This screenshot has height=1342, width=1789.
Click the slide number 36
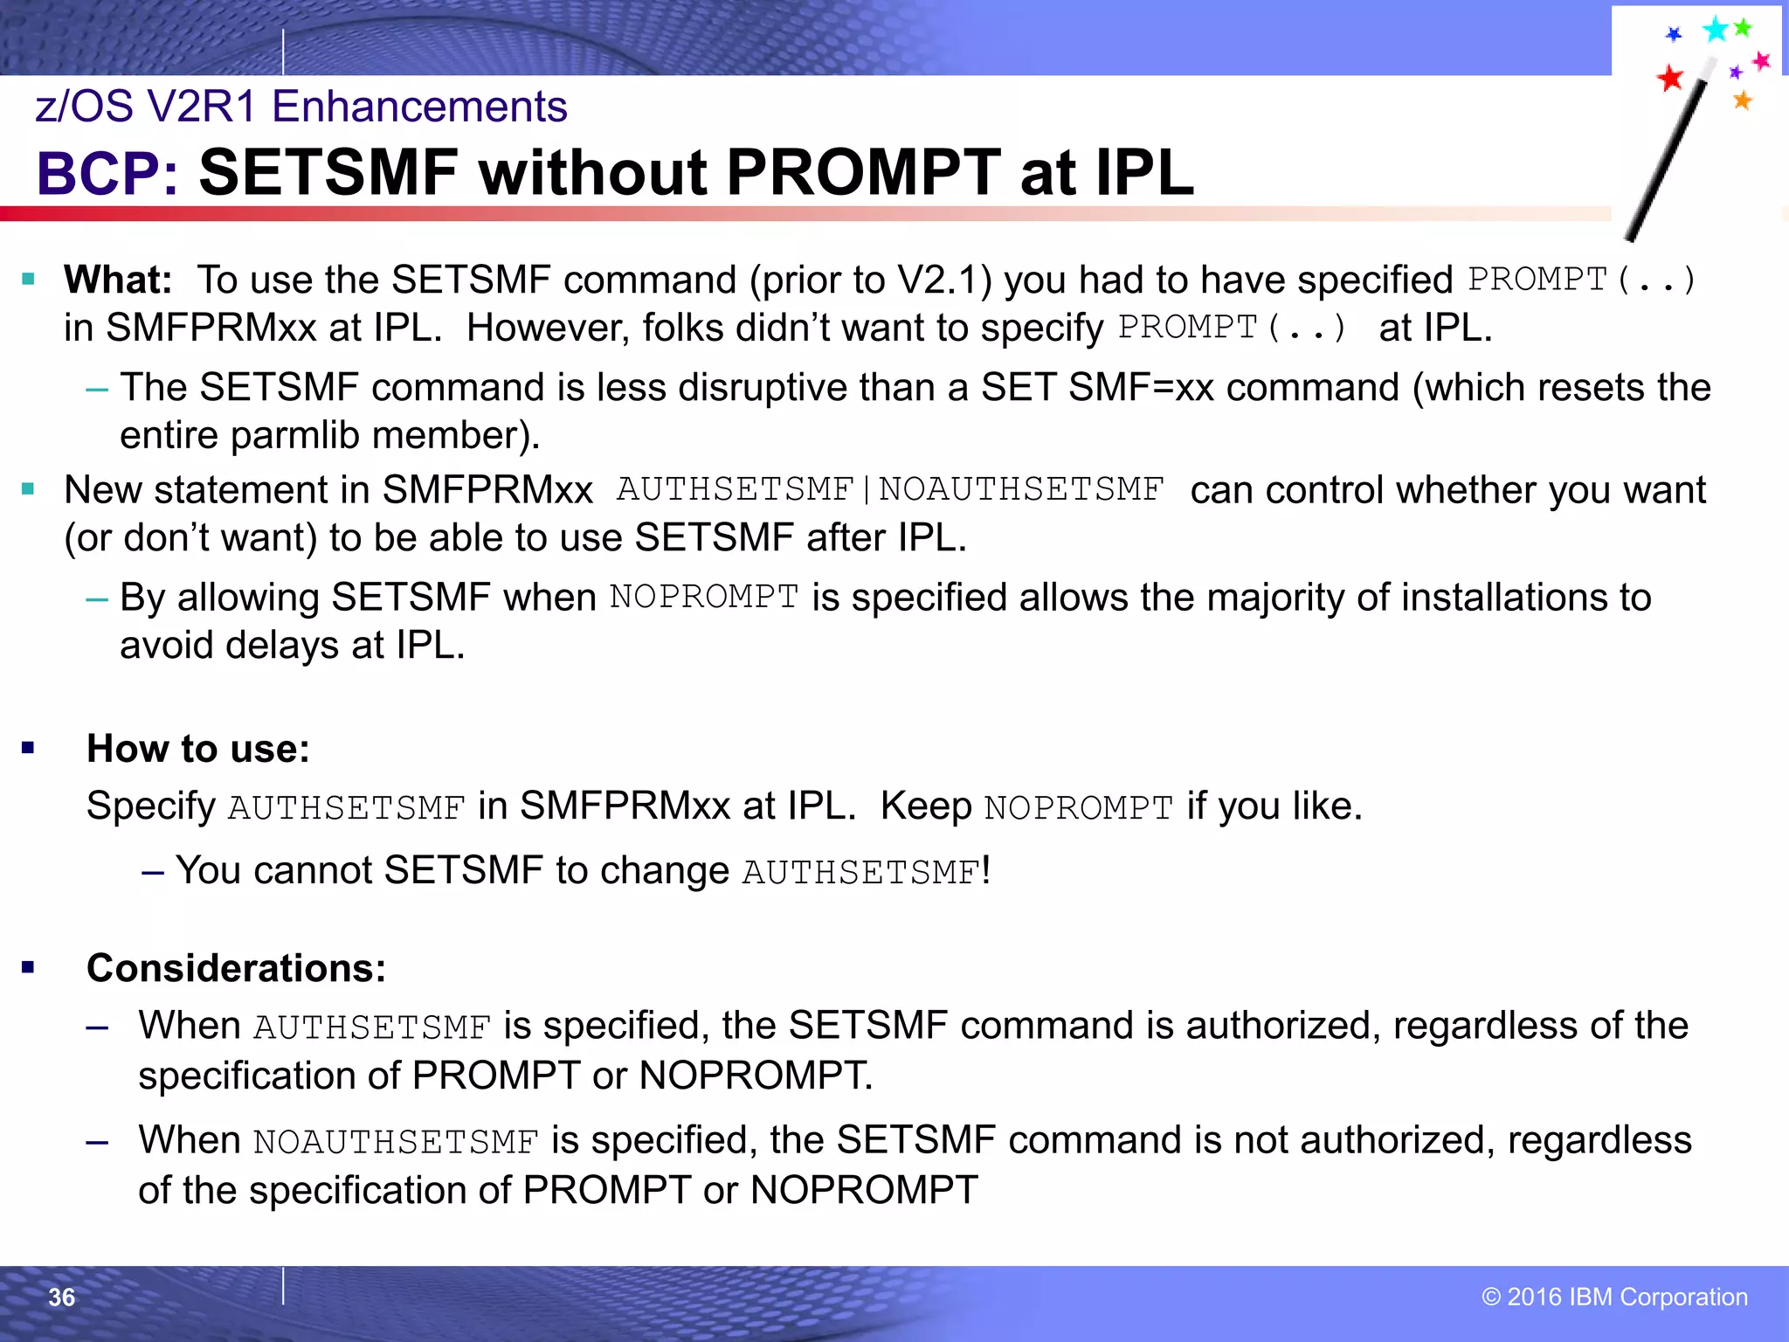pyautogui.click(x=61, y=1297)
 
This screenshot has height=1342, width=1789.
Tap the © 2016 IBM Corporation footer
pyautogui.click(x=1614, y=1297)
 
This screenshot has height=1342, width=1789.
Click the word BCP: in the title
pyautogui.click(x=107, y=173)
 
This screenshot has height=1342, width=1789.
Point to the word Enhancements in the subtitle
pyautogui.click(x=419, y=107)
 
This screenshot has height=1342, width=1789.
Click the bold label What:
pyautogui.click(x=118, y=280)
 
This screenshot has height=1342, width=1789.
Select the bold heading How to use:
pyautogui.click(x=198, y=749)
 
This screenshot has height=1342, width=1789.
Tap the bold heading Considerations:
pyautogui.click(x=236, y=968)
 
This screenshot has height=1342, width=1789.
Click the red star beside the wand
pyautogui.click(x=1669, y=78)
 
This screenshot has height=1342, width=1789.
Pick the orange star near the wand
pyautogui.click(x=1742, y=100)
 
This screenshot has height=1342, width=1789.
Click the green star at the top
pyautogui.click(x=1743, y=28)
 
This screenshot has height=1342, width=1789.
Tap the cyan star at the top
pyautogui.click(x=1715, y=30)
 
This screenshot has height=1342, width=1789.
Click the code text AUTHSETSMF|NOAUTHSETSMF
pyautogui.click(x=890, y=490)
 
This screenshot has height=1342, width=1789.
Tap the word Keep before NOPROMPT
pyautogui.click(x=925, y=806)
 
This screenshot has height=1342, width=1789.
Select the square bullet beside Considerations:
pyautogui.click(x=29, y=967)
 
